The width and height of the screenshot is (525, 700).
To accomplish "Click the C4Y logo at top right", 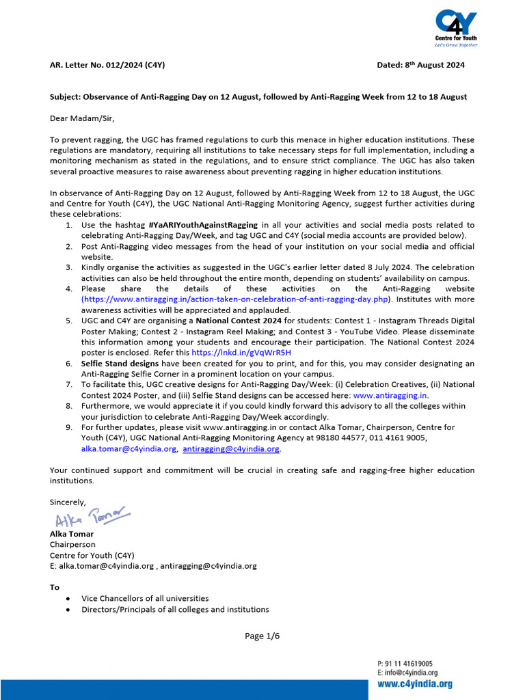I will [x=456, y=27].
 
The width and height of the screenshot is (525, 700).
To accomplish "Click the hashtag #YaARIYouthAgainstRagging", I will [x=202, y=225].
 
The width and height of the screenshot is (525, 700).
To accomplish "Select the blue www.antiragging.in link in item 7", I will [x=390, y=395].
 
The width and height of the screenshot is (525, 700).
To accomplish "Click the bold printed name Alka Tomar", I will [x=72, y=534].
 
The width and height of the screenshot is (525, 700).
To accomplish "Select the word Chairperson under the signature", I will [x=72, y=544].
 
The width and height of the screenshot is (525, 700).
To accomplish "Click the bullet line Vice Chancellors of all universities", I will [x=145, y=599].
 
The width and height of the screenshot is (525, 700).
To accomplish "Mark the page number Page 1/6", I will [x=262, y=636].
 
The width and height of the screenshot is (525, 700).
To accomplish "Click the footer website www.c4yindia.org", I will [x=414, y=684].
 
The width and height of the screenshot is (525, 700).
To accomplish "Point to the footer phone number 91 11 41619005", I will [x=409, y=663].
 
